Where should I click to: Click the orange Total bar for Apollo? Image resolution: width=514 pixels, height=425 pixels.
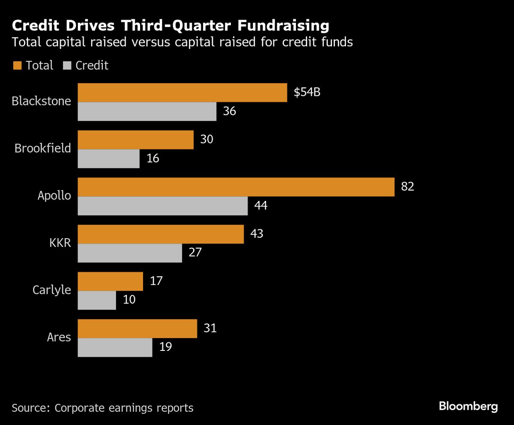pos(236,187)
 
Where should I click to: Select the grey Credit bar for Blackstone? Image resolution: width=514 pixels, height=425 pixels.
pos(147,111)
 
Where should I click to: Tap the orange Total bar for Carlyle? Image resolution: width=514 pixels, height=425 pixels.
pos(110,281)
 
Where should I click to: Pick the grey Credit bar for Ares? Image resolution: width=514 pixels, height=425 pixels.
pos(115,347)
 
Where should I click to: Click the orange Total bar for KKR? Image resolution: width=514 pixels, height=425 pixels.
pos(161,234)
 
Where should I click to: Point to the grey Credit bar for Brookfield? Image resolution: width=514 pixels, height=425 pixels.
pos(108,159)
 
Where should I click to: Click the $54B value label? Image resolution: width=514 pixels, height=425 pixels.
pos(307,93)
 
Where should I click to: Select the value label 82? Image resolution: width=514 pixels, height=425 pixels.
pos(407,187)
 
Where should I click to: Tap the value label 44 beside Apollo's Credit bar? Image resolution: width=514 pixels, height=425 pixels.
pos(260,206)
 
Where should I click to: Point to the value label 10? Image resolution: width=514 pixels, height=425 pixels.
pos(129,299)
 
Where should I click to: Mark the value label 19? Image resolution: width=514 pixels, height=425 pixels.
pos(165,347)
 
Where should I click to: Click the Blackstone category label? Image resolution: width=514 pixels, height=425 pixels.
pos(41,102)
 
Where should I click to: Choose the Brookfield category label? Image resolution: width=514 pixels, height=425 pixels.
pos(42,149)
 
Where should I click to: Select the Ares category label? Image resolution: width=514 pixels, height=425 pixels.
pos(59,337)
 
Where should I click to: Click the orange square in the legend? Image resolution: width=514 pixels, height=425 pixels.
pos(17,66)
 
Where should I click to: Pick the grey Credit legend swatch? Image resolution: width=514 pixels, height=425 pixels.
pos(67,66)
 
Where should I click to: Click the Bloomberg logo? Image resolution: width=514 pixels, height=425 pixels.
pos(468,406)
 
